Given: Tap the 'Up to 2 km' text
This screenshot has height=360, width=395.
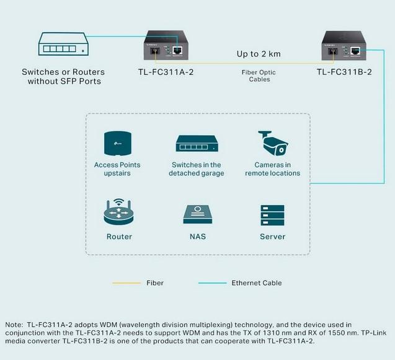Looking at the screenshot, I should coord(258,54).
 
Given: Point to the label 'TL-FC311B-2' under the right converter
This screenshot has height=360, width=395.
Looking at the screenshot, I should coord(344,72).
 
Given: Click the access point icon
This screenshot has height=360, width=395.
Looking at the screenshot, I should coord(117,143).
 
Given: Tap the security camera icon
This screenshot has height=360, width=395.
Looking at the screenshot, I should coord(272,144).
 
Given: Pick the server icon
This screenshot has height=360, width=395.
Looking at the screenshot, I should coord(272,214).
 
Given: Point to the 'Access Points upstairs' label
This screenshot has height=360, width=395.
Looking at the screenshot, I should coord(117,169).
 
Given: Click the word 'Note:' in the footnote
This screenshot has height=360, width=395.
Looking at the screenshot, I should coord(13,325).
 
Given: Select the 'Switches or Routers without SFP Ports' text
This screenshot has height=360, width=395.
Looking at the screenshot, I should coord(64,76).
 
